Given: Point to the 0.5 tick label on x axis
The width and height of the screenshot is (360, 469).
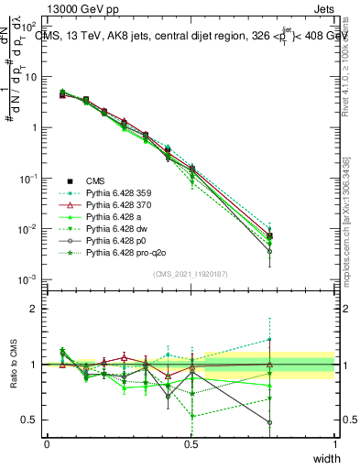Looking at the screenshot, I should pos(191,444).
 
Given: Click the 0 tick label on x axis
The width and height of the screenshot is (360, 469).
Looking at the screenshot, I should pos(47,444).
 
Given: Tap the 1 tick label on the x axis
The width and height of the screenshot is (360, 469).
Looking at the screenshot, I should pos(334,444).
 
